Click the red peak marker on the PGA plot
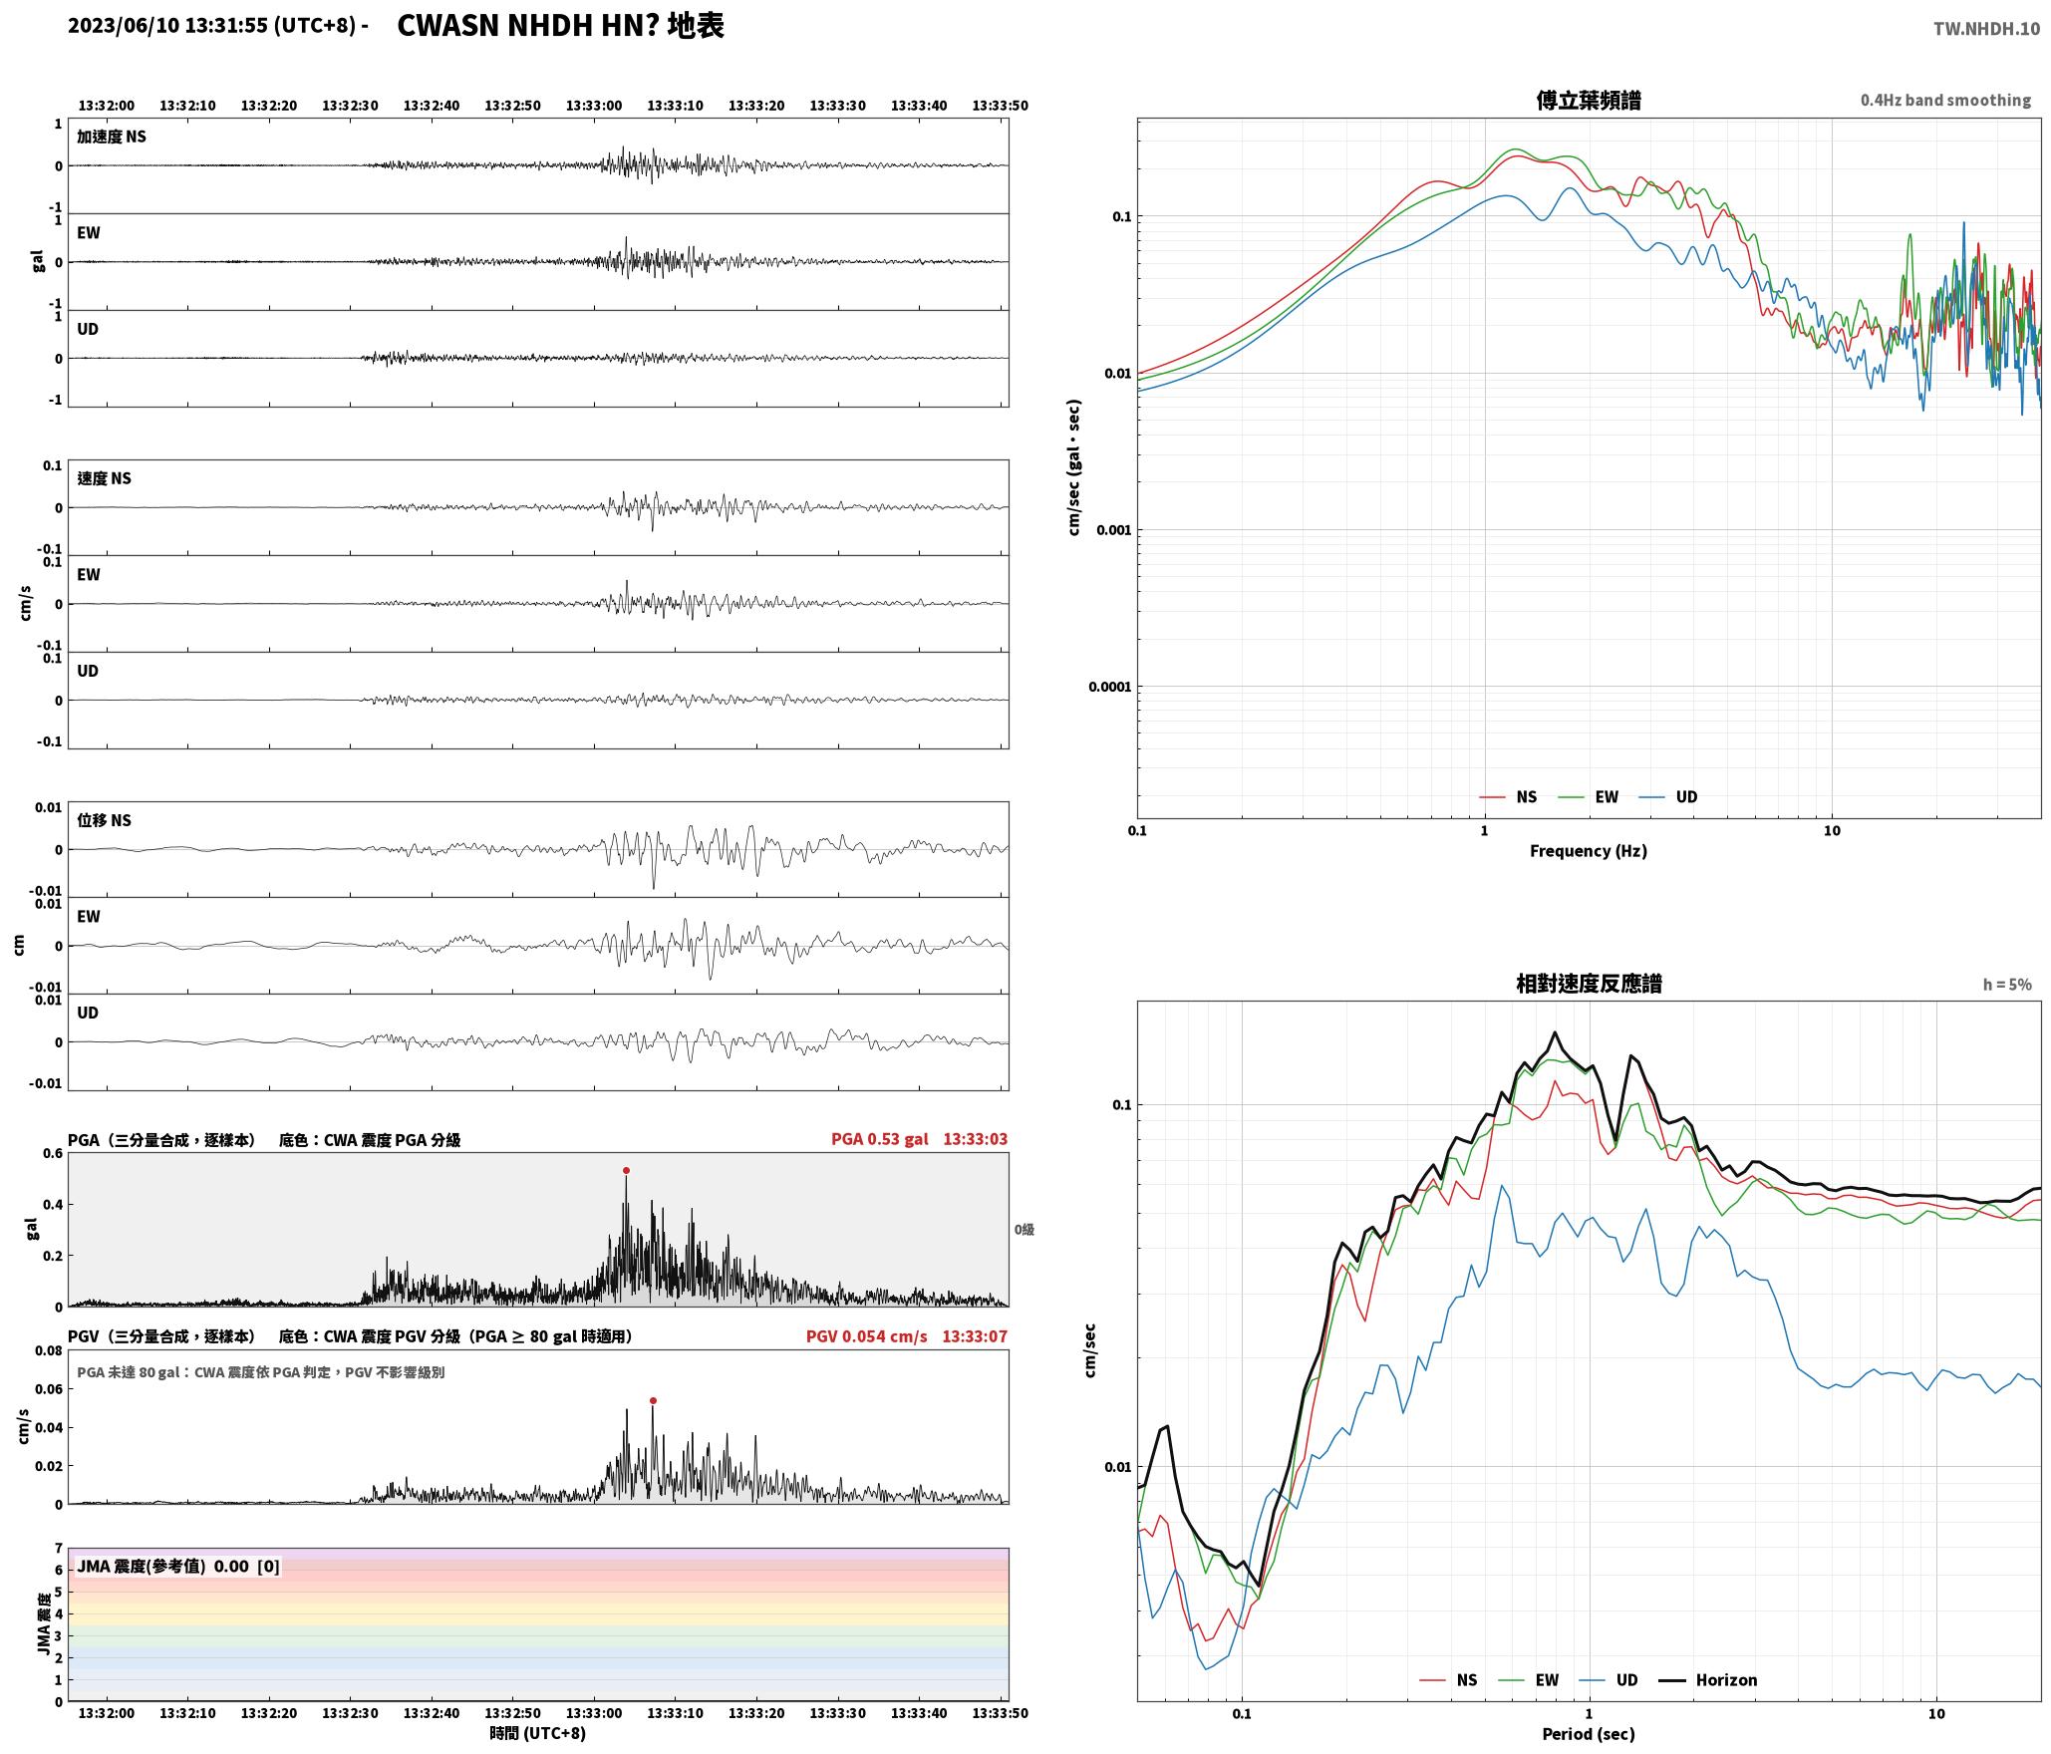click(626, 1170)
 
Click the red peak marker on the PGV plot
click(653, 1400)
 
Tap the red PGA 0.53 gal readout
click(879, 1138)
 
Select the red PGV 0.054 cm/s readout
click(866, 1335)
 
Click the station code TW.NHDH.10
click(1986, 29)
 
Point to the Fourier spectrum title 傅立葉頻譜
click(1589, 100)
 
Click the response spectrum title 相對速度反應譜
click(1589, 984)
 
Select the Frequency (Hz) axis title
click(1589, 850)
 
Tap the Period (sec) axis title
click(1589, 1733)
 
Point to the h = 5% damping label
click(2007, 984)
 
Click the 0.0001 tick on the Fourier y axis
click(1106, 686)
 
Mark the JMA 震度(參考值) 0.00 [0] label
click(178, 1566)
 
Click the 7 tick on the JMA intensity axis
click(59, 1548)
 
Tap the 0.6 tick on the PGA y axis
click(52, 1153)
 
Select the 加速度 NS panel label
click(112, 137)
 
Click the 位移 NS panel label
click(105, 820)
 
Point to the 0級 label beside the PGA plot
click(1025, 1229)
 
